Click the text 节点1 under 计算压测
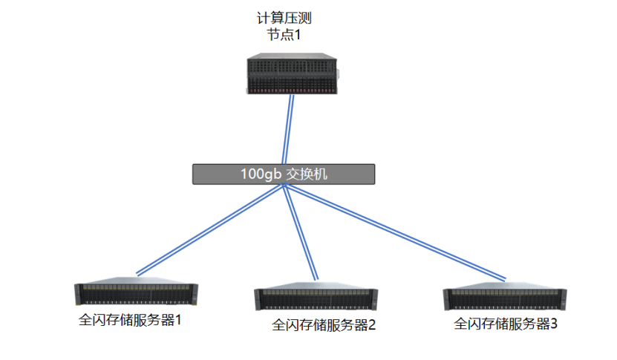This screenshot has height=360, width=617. point(284,35)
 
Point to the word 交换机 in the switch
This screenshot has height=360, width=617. point(307,174)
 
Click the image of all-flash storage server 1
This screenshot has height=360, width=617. point(137,294)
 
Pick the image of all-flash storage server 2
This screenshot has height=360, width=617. point(316,297)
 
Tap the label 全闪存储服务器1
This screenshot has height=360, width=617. point(130,321)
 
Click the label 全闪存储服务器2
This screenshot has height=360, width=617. point(324,325)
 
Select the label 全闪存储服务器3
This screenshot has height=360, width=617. point(505,324)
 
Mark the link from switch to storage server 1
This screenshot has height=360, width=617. point(208,229)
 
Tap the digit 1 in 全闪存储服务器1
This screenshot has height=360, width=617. point(177,321)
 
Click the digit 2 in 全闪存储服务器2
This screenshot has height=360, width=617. point(372,325)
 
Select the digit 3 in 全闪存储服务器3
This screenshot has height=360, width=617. point(552,324)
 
